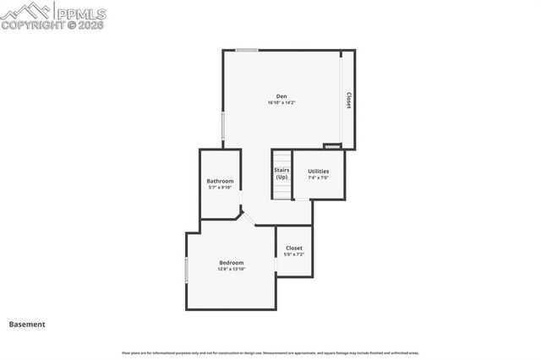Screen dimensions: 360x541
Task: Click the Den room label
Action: coord(281,95)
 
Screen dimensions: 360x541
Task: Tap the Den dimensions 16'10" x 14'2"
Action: coord(281,102)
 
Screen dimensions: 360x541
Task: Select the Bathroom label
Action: coord(220,181)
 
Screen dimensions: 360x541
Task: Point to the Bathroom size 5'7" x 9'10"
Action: coord(220,188)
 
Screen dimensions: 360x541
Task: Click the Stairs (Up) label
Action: coord(281,173)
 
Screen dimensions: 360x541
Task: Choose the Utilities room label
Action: coord(318,171)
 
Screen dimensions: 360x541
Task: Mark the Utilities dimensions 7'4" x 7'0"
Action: coord(318,177)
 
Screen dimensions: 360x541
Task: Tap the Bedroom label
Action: coord(231,262)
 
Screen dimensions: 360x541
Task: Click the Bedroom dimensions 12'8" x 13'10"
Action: coord(231,269)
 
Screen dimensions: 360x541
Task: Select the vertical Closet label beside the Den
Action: coord(348,101)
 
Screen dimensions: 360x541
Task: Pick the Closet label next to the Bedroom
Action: coord(293,248)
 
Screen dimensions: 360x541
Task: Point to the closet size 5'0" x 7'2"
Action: coord(293,254)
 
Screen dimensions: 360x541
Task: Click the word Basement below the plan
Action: coord(27,324)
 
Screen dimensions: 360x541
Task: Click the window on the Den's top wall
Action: coord(247,51)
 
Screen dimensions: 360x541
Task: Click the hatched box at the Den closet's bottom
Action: coord(332,146)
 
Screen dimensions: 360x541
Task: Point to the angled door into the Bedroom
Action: coord(248,218)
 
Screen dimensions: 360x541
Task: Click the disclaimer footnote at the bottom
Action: coord(270,352)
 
